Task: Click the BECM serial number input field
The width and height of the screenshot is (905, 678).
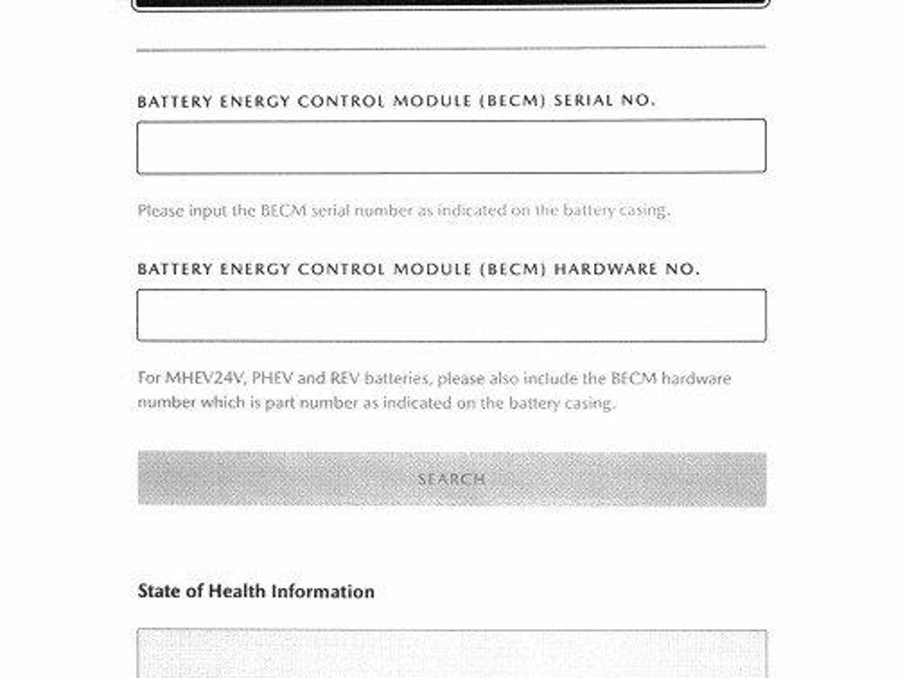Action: [x=451, y=147]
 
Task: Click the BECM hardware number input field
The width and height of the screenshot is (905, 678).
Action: [x=451, y=315]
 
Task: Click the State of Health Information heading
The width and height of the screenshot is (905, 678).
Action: [x=255, y=591]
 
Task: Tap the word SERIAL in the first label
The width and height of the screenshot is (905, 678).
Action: [x=583, y=101]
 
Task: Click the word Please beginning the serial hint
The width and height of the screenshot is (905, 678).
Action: [x=161, y=211]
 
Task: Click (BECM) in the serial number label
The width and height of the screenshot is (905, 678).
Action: [x=513, y=101]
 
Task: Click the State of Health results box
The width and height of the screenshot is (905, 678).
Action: [x=451, y=653]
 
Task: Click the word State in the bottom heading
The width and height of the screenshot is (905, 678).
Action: [x=158, y=591]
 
